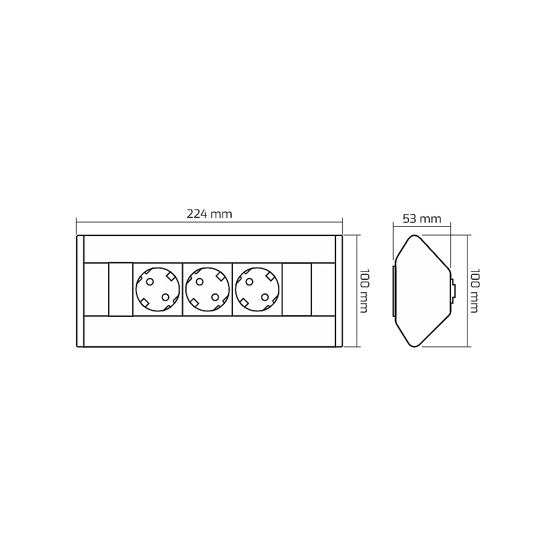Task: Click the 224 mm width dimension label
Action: (x=209, y=214)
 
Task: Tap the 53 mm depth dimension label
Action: (x=422, y=219)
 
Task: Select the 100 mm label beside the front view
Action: (x=364, y=291)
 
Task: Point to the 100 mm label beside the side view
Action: (x=474, y=291)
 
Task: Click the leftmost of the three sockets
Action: (x=158, y=289)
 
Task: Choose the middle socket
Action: (x=208, y=289)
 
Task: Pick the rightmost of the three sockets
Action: (x=257, y=289)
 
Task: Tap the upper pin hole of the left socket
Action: (x=150, y=282)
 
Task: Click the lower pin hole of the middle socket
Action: (x=215, y=297)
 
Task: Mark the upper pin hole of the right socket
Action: (x=250, y=282)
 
